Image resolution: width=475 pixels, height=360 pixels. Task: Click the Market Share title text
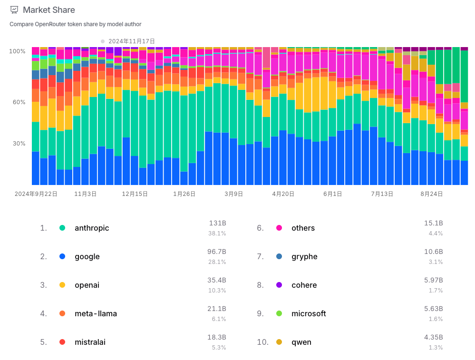click(x=49, y=10)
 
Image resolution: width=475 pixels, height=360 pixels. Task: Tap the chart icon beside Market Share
click(x=14, y=10)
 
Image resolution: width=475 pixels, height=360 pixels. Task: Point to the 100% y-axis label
click(x=18, y=51)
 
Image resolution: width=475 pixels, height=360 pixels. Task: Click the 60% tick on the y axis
click(x=19, y=102)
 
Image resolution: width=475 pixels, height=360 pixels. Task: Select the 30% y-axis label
click(x=19, y=144)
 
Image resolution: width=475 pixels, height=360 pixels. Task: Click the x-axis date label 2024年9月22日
click(x=36, y=194)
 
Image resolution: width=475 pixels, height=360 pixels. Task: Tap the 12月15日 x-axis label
click(x=135, y=194)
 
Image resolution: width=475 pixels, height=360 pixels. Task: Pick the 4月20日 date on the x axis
click(x=284, y=194)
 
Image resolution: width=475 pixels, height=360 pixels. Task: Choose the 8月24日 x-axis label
click(x=432, y=194)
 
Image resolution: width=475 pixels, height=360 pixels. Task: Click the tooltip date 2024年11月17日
click(x=132, y=41)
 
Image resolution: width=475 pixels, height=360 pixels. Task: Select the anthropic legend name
click(x=92, y=228)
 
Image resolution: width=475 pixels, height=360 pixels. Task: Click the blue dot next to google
click(x=62, y=257)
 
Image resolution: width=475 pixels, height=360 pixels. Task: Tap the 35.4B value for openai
click(x=217, y=280)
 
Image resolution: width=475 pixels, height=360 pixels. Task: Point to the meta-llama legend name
click(x=96, y=314)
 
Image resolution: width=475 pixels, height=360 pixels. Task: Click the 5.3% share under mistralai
click(x=219, y=348)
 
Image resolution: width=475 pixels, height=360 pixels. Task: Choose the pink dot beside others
click(x=279, y=228)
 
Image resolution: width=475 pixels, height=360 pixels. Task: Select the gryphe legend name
click(x=304, y=257)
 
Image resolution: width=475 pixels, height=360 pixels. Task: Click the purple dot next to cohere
click(x=279, y=285)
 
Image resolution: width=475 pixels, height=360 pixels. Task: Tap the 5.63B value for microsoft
click(x=434, y=309)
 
